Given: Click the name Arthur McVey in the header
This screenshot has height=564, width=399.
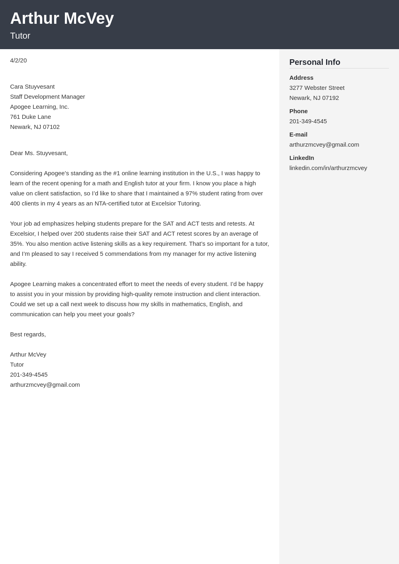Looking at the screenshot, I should pos(62,19).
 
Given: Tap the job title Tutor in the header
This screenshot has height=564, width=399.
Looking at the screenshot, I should pos(20,36).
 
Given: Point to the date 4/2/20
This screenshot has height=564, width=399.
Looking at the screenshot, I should pos(19,60).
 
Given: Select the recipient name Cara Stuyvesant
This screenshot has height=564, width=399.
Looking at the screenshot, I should pos(32,87).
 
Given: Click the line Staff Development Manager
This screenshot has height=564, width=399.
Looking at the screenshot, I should pos(48,97).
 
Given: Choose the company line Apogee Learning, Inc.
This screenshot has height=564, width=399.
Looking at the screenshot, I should pos(39,107).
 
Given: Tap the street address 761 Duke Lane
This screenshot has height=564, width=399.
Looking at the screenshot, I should pos(31,117).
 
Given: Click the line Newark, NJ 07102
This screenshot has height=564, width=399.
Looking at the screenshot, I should pos(35,127).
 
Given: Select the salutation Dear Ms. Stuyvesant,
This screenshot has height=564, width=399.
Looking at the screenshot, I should pos(39,153).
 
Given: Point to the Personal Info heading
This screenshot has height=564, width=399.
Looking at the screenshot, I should pos(315,62).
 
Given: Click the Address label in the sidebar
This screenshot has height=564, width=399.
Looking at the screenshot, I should pos(301,78).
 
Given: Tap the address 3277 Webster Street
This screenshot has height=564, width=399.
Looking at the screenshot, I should pos(317,88).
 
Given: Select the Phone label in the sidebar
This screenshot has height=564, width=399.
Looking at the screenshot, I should pos(298,111).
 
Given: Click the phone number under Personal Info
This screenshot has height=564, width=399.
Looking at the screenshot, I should pos(308,121).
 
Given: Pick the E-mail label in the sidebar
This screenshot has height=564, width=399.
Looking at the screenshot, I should pos(298,135).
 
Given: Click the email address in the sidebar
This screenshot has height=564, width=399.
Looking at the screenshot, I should pos(324,145).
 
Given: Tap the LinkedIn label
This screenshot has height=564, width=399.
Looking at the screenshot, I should pos(301,158).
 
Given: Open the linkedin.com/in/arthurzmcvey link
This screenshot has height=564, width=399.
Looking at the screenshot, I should pos(328,168).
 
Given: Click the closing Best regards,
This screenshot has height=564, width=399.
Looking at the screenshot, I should pos(28,334).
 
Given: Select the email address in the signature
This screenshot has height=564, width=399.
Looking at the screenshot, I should pos(45,385).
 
